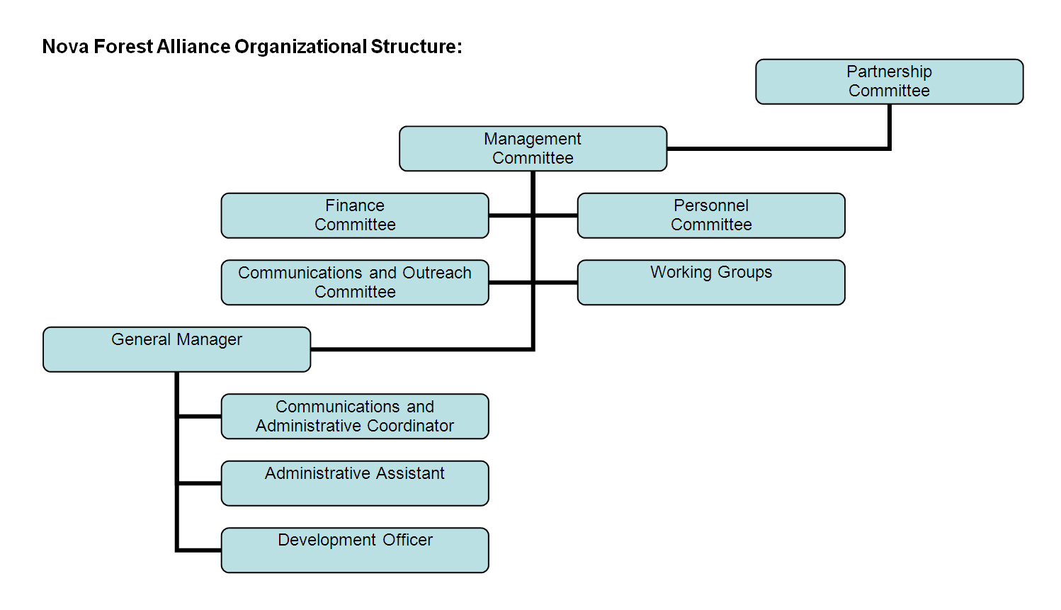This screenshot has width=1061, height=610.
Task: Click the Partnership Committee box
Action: [x=889, y=81]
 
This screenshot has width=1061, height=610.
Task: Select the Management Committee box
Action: [x=533, y=148]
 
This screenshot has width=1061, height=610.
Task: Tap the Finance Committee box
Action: [x=355, y=215]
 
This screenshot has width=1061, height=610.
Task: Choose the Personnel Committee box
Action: [x=711, y=215]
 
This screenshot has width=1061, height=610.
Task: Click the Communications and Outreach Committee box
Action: [x=355, y=282]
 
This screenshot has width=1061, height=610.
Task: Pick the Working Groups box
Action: [x=711, y=282]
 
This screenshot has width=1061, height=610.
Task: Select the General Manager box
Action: [x=176, y=349]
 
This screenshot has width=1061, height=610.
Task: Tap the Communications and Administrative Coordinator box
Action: [x=355, y=416]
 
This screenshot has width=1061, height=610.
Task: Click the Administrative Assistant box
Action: [x=355, y=483]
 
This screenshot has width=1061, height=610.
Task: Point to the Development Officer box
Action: [x=355, y=550]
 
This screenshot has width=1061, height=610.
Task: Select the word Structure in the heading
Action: [x=414, y=47]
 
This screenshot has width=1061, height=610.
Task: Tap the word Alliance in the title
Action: [x=193, y=47]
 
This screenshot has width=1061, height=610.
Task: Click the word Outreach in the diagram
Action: [x=437, y=273]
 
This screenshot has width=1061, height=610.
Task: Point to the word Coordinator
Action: [x=410, y=426]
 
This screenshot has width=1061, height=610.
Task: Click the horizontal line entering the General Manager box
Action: [x=421, y=349]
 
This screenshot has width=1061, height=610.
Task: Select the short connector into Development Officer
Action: [x=199, y=550]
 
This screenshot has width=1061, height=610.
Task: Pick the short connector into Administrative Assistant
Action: [x=199, y=483]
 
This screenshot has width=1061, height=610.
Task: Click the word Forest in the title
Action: [x=123, y=47]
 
